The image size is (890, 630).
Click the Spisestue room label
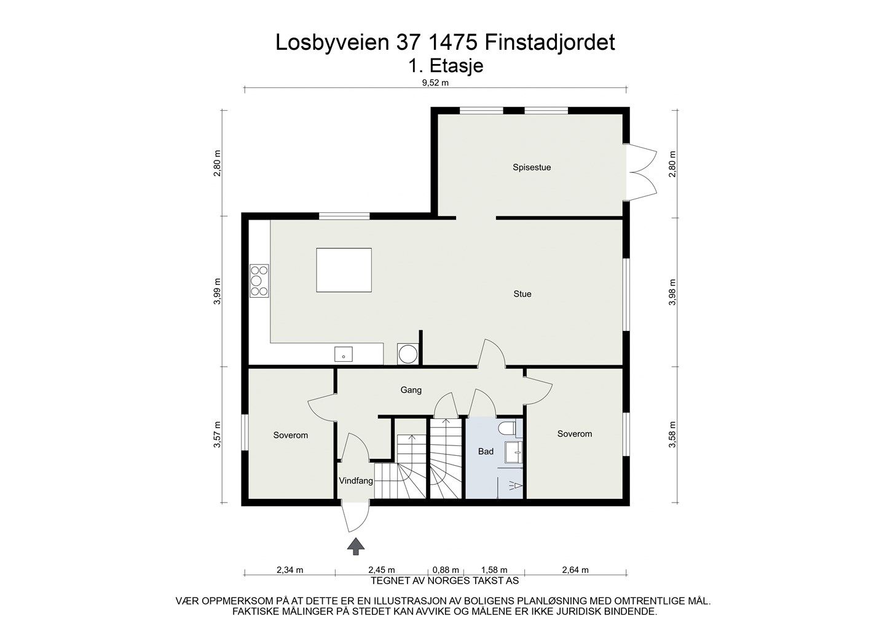click(532, 167)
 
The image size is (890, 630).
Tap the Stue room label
click(522, 293)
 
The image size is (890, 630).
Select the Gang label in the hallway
click(411, 389)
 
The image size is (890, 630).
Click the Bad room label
click(486, 451)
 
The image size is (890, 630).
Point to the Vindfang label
click(356, 480)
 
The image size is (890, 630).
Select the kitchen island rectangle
click(344, 270)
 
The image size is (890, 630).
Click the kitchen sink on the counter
click(344, 354)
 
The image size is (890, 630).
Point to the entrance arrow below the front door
click(355, 546)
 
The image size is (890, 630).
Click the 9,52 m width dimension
click(435, 82)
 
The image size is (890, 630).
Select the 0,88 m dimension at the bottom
click(446, 569)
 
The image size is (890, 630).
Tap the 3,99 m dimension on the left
click(218, 291)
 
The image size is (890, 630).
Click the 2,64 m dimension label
click(575, 569)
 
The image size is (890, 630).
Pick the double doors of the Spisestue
click(642, 173)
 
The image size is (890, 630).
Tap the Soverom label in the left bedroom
click(291, 435)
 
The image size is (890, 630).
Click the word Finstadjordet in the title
click(549, 42)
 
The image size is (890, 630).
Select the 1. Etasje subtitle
click(446, 65)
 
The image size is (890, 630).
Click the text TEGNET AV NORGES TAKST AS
click(445, 580)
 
